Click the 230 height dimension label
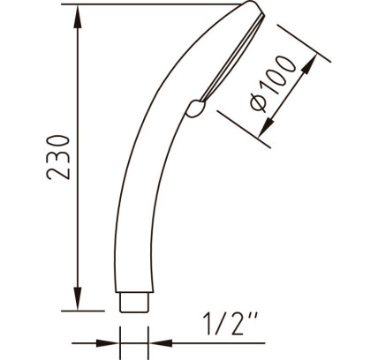coord(58,157)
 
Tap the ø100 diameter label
coord(273,84)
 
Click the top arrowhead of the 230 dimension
coord(78,18)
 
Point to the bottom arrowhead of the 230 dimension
coord(78,298)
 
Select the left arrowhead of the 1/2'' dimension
coord(108,343)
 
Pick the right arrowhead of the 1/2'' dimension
coord(161,343)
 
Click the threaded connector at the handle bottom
coord(134,302)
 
